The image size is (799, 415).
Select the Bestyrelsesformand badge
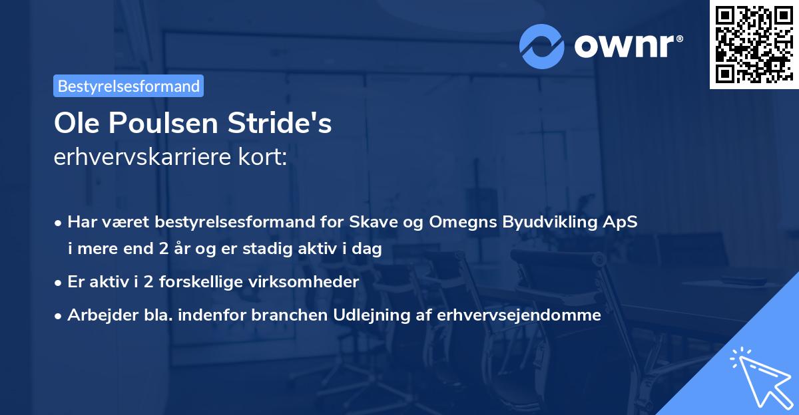point(129,85)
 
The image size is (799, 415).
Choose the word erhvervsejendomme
point(519,315)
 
